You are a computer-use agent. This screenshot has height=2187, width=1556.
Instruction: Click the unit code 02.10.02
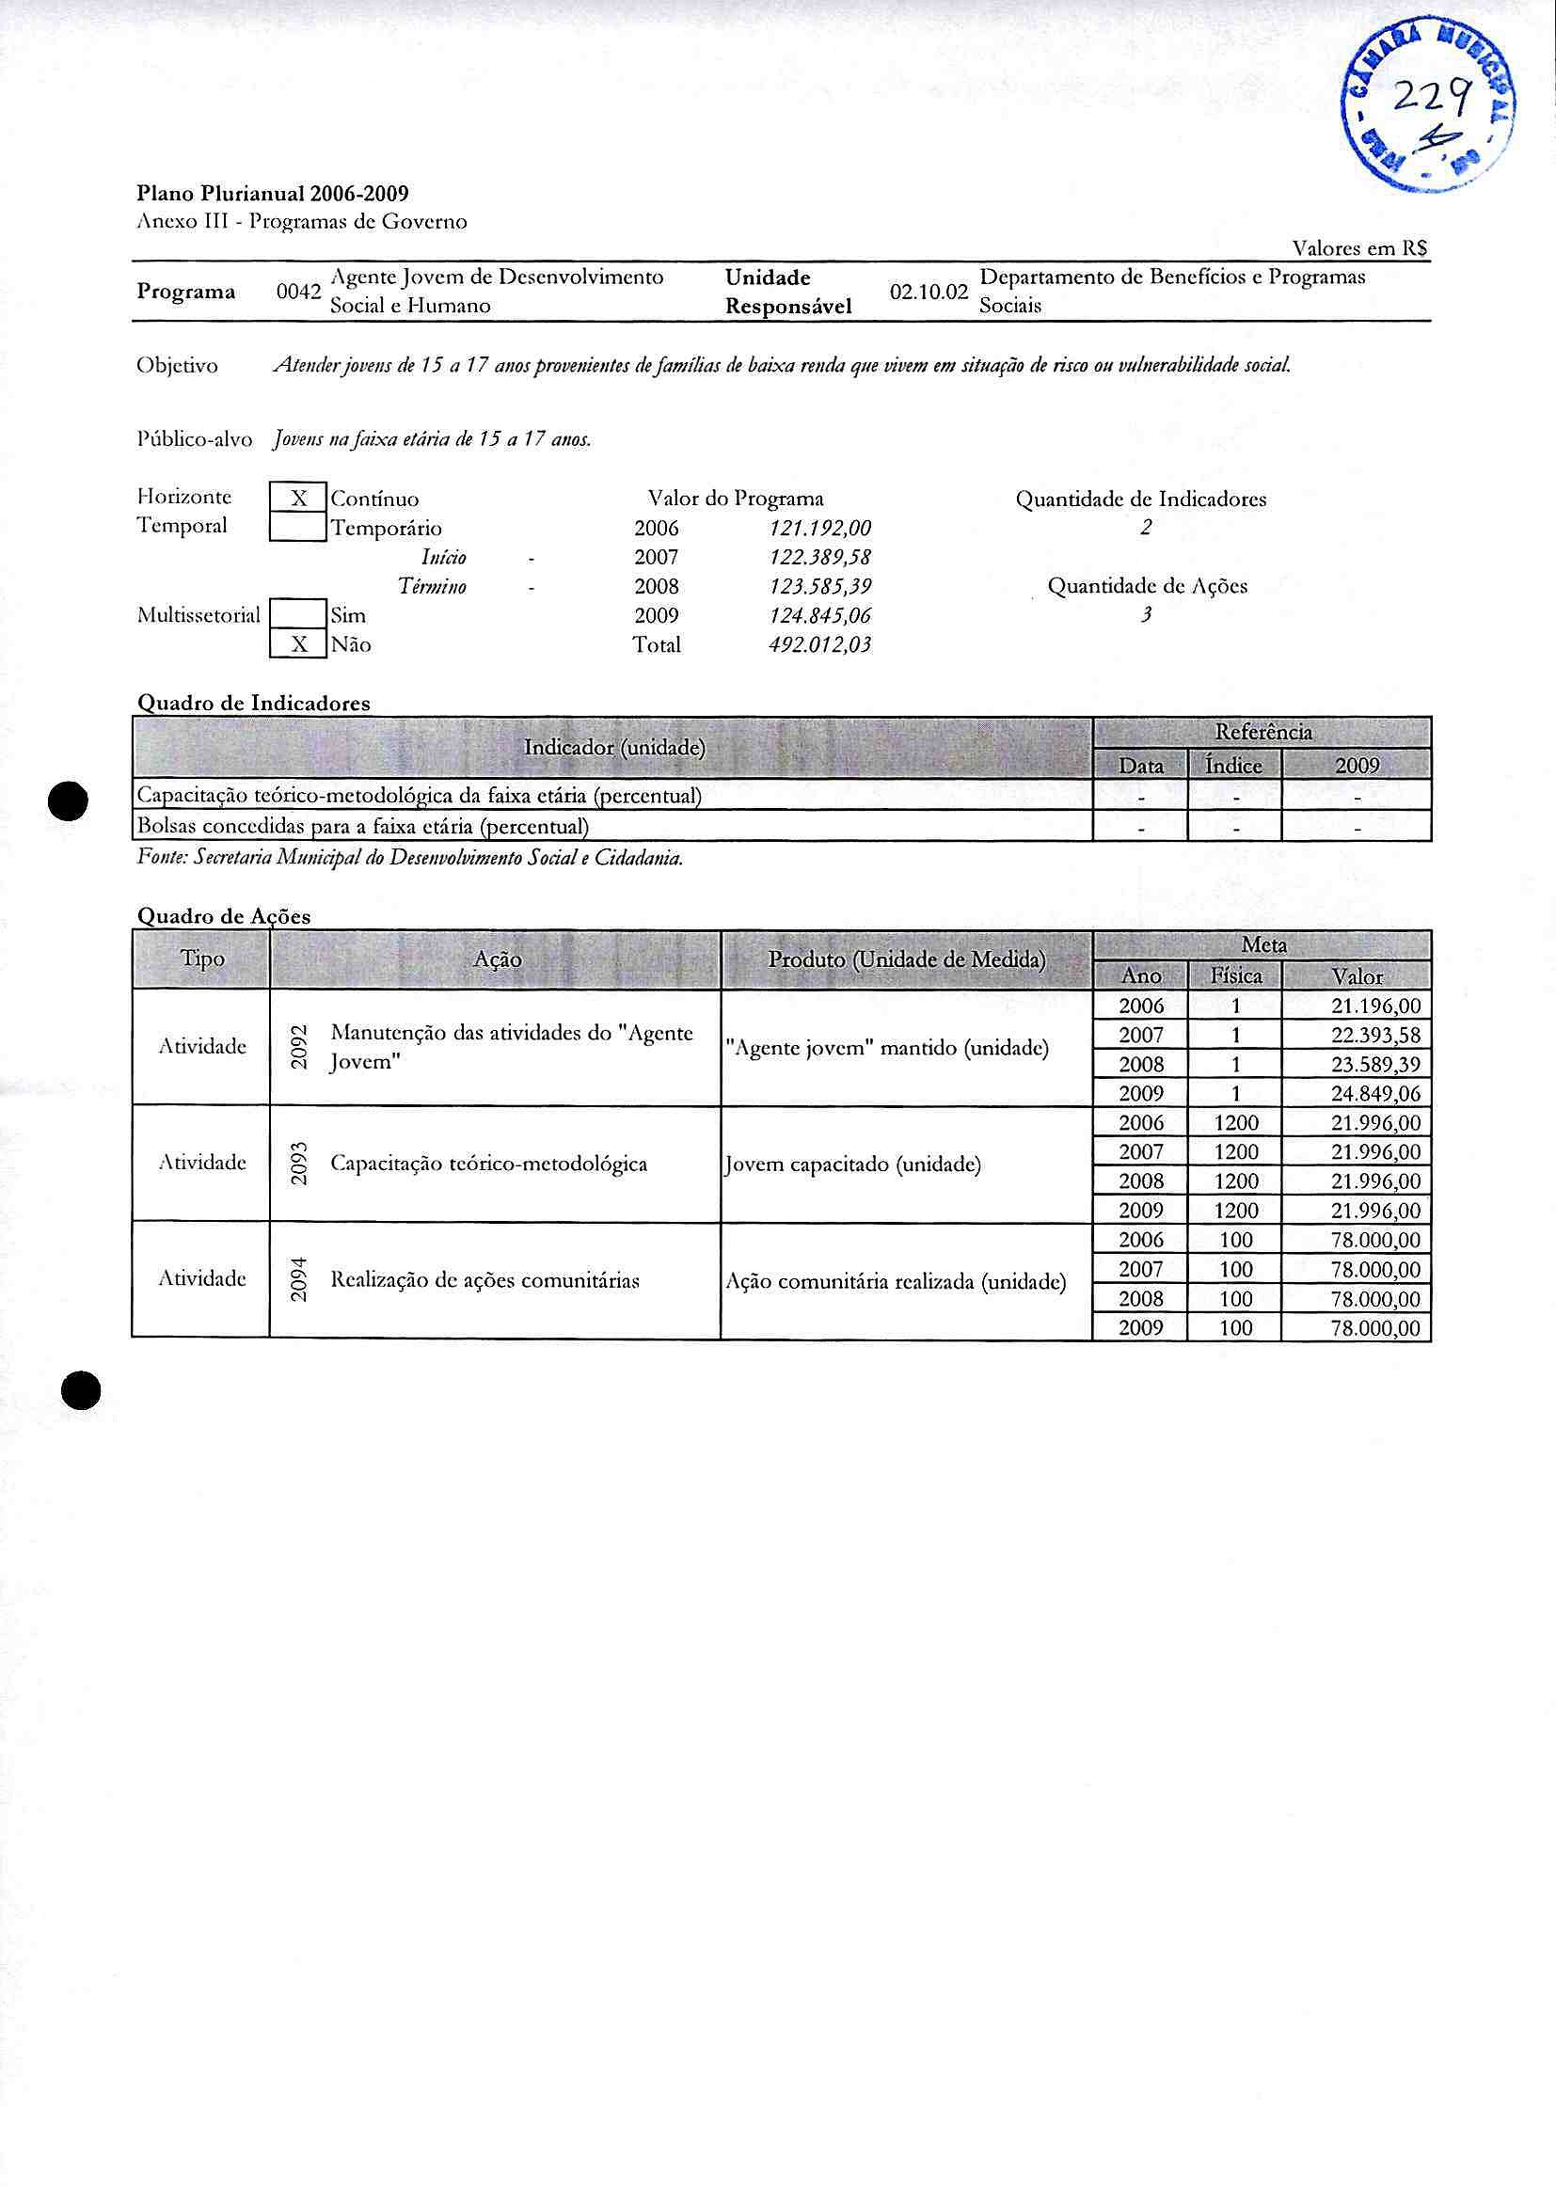tap(929, 293)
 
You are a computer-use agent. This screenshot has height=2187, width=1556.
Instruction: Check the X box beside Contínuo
tap(299, 499)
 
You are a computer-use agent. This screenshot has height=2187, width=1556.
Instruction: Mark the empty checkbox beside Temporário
tap(299, 528)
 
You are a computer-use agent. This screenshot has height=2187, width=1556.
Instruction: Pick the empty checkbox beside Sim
tap(299, 615)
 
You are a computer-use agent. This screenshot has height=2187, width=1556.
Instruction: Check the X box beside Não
tap(299, 644)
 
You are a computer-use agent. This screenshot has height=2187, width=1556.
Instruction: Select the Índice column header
tap(1234, 766)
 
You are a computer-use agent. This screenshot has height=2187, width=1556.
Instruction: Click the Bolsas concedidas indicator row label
tap(363, 826)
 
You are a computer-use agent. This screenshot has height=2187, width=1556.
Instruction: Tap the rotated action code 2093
tap(299, 1164)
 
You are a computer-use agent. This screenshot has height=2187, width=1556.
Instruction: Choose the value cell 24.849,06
tap(1376, 1094)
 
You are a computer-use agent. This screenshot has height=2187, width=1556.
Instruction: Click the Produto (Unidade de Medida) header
tap(906, 959)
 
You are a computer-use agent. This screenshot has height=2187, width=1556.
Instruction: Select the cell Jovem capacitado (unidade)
tap(852, 1165)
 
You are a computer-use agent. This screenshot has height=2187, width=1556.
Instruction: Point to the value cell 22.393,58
tap(1376, 1036)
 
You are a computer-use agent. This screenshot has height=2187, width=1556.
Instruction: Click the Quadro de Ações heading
tap(224, 916)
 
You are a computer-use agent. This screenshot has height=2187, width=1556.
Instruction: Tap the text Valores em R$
tap(1359, 249)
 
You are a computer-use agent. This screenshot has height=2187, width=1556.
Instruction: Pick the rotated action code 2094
tap(299, 1280)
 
